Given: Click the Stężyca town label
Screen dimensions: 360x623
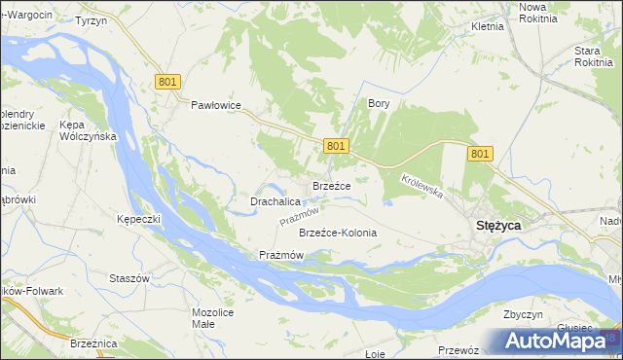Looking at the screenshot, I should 497,225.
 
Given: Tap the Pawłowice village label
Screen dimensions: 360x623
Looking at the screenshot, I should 215,106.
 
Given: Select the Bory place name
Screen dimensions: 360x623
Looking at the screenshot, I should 378,102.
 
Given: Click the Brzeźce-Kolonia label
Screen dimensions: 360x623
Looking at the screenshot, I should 338,234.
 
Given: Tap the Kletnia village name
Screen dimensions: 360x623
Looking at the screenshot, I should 487,26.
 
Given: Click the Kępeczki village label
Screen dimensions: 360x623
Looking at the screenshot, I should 137,219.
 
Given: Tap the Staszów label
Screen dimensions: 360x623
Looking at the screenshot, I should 129,278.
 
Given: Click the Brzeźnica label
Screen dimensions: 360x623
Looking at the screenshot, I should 93,343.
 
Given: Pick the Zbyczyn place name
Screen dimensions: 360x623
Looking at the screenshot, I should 522,315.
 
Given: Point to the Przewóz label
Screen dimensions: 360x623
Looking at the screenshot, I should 458,350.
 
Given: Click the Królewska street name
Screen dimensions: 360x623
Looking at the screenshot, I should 422,186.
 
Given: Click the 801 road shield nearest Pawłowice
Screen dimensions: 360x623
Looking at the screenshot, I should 166,83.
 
